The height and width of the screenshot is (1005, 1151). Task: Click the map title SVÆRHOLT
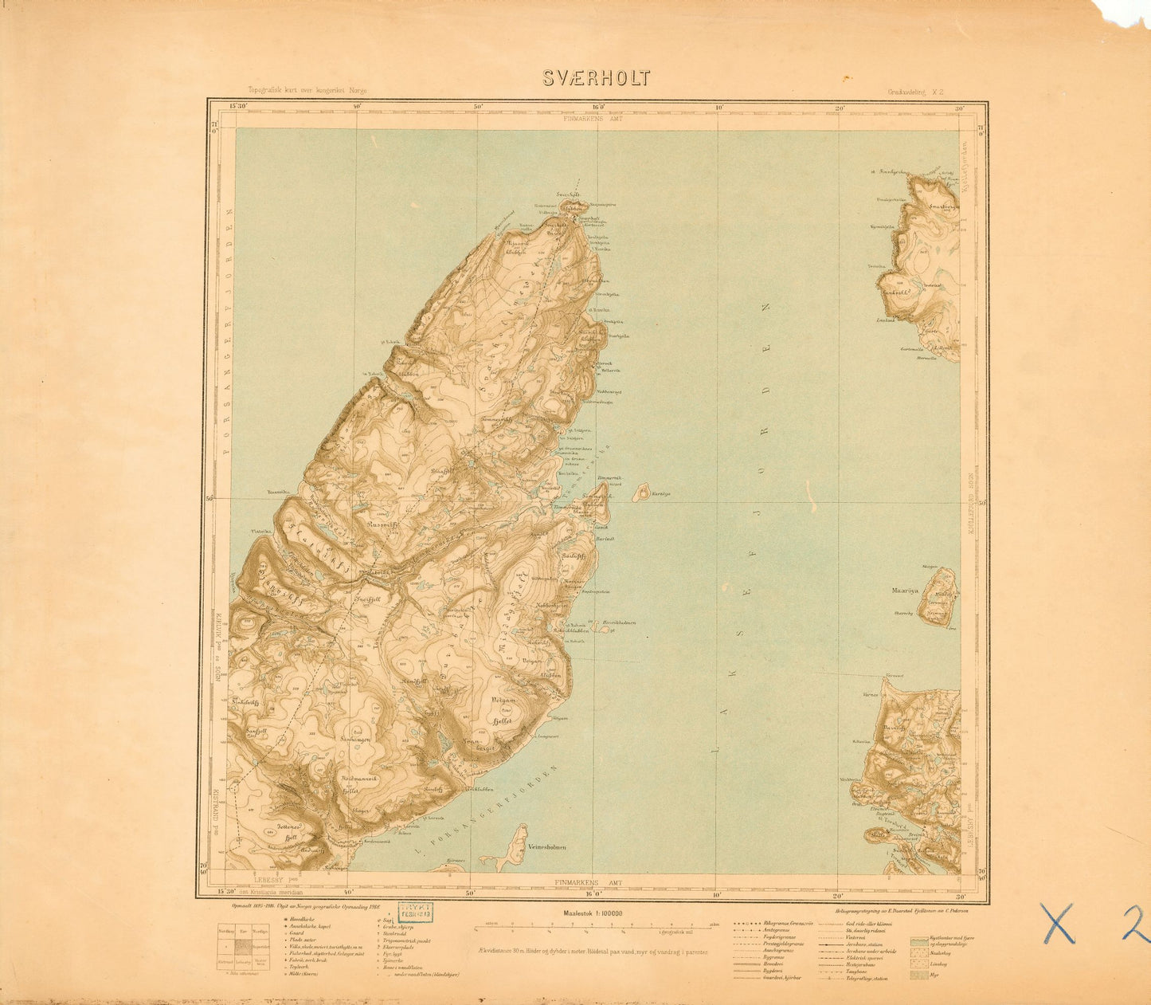click(x=597, y=78)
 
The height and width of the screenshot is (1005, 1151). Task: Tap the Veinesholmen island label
click(x=546, y=847)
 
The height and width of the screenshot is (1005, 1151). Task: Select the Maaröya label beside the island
click(x=905, y=591)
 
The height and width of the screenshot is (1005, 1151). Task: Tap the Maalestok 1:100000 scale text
click(x=593, y=914)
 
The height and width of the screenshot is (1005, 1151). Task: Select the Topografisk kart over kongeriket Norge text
click(x=307, y=92)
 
